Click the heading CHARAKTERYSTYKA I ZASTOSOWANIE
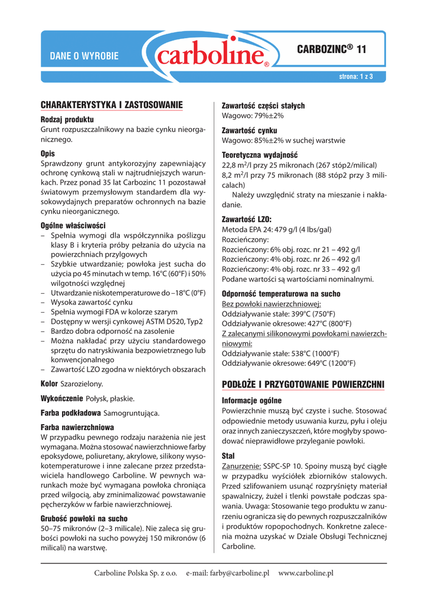click(x=112, y=105)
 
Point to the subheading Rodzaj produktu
click(x=67, y=119)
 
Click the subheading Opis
click(x=48, y=153)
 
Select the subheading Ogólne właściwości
click(x=73, y=225)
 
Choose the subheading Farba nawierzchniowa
click(x=77, y=426)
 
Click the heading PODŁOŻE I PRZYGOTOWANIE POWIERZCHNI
click(x=302, y=385)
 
